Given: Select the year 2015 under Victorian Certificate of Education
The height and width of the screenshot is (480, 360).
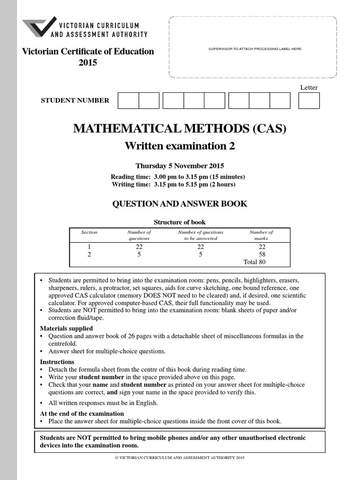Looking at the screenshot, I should tap(88, 62).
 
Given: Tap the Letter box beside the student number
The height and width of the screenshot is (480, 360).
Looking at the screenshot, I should tap(308, 100).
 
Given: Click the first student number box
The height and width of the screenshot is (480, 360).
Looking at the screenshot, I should tap(128, 100).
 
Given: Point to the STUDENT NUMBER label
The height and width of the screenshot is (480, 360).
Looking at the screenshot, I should tap(75, 100).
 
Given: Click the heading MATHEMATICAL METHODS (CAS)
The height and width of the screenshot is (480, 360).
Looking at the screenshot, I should tap(180, 128).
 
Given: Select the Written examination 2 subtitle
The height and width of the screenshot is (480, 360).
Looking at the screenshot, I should tap(180, 146).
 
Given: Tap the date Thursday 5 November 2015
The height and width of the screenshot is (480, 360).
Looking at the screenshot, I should tap(180, 165).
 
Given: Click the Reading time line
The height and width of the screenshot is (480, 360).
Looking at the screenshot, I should tap(178, 177).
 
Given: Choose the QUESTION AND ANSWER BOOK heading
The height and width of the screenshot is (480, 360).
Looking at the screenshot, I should tap(180, 204).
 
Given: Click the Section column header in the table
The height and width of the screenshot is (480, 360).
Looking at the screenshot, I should tap(89, 232).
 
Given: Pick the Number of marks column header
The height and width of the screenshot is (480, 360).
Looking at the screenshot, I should tap(261, 235).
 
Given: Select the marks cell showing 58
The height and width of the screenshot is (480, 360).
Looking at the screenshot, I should tap(262, 254).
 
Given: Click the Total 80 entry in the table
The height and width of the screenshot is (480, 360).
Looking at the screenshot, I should tap(255, 262).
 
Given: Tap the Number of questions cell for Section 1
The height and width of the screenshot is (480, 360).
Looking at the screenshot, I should tap(139, 247).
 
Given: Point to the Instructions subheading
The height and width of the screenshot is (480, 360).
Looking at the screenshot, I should tap(57, 362).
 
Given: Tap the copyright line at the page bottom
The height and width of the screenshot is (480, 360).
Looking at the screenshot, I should tap(180, 457).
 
